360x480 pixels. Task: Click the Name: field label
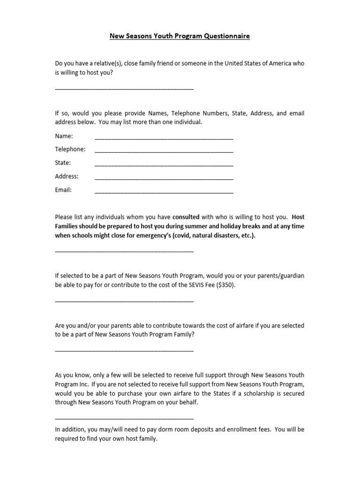point(64,136)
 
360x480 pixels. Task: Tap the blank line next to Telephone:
point(164,151)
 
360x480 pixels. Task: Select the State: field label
point(63,163)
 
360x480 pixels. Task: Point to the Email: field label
point(63,190)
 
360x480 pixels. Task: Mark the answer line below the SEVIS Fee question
point(124,300)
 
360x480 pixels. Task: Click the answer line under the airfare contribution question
point(124,350)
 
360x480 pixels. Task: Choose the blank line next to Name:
point(164,138)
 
